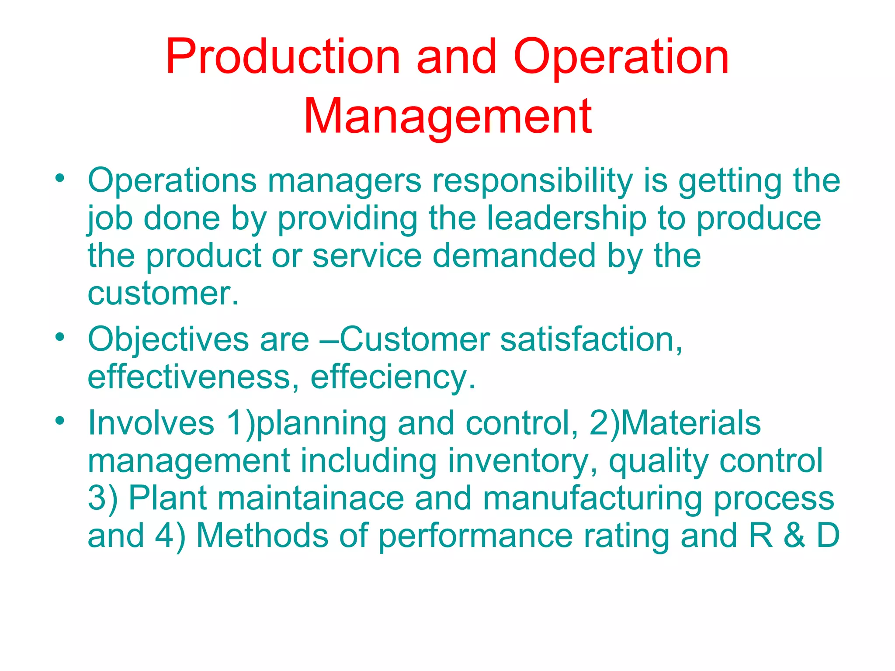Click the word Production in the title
283,57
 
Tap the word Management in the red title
447,117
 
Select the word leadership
566,218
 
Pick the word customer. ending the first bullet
163,294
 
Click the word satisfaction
591,340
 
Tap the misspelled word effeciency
392,377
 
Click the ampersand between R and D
794,536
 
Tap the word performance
475,536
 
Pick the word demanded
514,256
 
